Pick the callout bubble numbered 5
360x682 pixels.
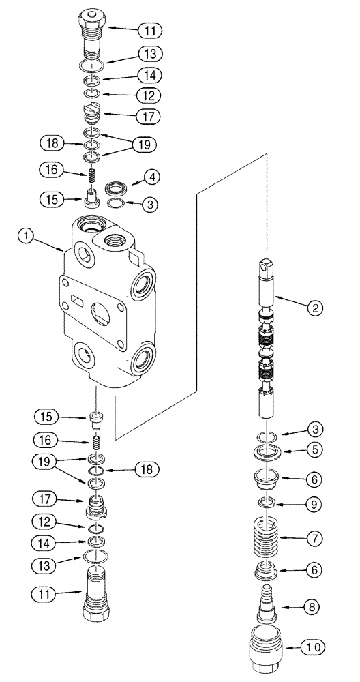tap(314, 449)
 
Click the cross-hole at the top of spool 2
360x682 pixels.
tap(267, 267)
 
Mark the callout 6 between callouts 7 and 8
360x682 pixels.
tap(314, 568)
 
